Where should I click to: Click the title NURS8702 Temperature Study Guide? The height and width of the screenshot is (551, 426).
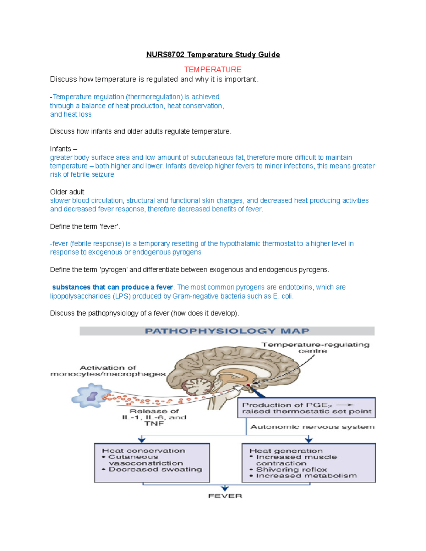tap(213, 55)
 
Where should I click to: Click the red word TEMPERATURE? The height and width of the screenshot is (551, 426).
tap(213, 70)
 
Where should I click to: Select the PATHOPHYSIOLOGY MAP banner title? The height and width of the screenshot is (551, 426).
tap(227, 331)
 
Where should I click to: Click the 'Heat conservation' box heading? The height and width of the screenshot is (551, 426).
tap(143, 451)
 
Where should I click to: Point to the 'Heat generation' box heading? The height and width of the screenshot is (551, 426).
tap(286, 451)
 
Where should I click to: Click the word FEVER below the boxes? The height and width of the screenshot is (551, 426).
tap(225, 496)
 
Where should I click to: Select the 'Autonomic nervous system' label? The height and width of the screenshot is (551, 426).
tap(312, 427)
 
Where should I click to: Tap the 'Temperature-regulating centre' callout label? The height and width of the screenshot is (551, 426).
tap(315, 347)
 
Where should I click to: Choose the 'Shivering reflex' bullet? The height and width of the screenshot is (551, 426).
tap(291, 469)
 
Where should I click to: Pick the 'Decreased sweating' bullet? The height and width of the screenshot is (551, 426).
tap(155, 469)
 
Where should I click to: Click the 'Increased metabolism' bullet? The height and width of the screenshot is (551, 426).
tap(306, 476)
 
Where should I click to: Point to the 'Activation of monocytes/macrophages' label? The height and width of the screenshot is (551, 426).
tap(108, 371)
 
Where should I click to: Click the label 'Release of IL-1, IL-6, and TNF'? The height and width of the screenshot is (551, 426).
tap(154, 417)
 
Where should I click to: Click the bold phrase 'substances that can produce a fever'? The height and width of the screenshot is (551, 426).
tap(112, 287)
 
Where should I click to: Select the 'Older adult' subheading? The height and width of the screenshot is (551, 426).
tap(67, 192)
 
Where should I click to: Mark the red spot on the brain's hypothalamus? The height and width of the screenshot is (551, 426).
tap(248, 385)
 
